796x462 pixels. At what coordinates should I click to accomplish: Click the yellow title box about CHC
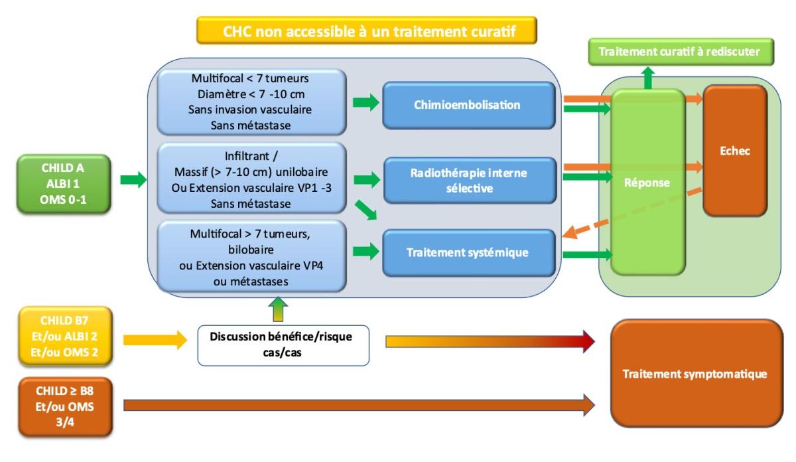[x=365, y=32]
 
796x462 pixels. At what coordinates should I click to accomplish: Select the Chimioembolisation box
[x=468, y=104]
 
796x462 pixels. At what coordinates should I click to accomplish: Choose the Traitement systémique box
[x=468, y=252]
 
